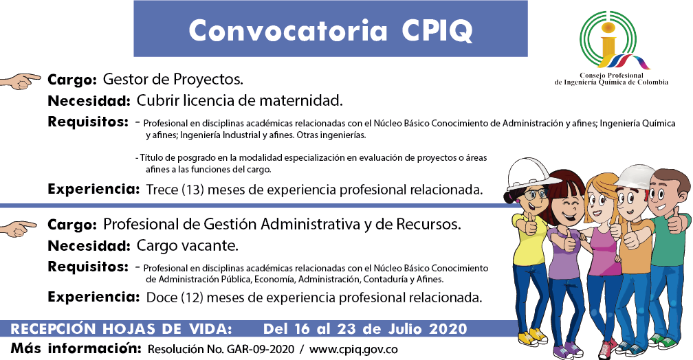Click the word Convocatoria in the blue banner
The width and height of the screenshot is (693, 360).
[x=287, y=30]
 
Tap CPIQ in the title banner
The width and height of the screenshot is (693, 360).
[x=437, y=31]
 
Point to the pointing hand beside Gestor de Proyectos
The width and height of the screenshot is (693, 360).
[x=21, y=81]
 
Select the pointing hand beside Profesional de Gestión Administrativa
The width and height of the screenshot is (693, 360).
[x=19, y=228]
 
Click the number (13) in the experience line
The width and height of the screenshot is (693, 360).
[x=192, y=190]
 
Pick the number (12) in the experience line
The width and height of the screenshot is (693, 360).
[x=192, y=297]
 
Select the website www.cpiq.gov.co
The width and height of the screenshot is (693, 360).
[x=353, y=350]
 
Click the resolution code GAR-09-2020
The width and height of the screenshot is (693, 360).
[x=261, y=350]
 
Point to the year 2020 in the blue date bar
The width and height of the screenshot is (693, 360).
[x=448, y=329]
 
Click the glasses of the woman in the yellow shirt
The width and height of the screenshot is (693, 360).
[x=533, y=194]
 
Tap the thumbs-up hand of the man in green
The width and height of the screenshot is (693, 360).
[x=676, y=220]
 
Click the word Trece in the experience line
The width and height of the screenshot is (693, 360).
[x=162, y=190]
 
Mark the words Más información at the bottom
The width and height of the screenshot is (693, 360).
[x=76, y=348]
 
